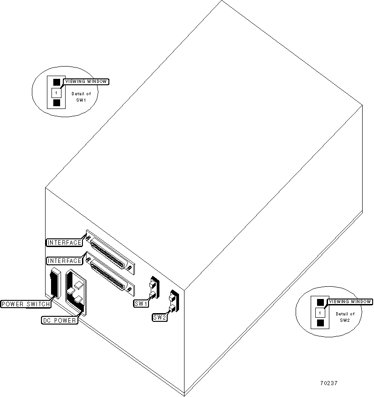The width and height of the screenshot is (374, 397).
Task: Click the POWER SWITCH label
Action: tap(26, 304)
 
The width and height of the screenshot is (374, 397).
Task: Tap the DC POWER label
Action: tap(59, 320)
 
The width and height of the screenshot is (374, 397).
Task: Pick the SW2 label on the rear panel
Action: tap(159, 317)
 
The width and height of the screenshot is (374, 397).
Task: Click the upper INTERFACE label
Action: tap(64, 242)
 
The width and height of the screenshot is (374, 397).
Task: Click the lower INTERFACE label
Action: tap(64, 261)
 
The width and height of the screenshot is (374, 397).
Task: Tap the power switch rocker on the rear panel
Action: tap(54, 283)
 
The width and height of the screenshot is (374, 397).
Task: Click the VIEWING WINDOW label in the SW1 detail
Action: tap(87, 82)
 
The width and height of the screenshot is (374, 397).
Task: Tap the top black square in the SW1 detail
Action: tap(56, 82)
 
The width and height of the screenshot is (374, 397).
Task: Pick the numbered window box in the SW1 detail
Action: tap(56, 93)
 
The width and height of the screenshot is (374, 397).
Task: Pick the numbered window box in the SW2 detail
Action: tap(321, 313)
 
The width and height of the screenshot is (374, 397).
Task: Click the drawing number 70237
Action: tap(328, 383)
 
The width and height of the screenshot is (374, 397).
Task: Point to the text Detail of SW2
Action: tap(345, 317)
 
